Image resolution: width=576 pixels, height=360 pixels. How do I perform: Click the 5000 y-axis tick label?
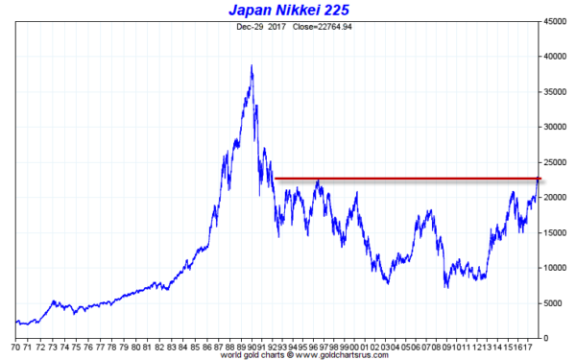(x=558, y=302)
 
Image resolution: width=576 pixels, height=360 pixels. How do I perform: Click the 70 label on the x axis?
(x=16, y=348)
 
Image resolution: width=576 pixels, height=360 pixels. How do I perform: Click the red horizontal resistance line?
(x=403, y=178)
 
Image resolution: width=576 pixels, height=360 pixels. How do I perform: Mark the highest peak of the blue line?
(x=252, y=66)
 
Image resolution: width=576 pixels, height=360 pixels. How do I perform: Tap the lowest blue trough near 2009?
(x=445, y=287)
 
